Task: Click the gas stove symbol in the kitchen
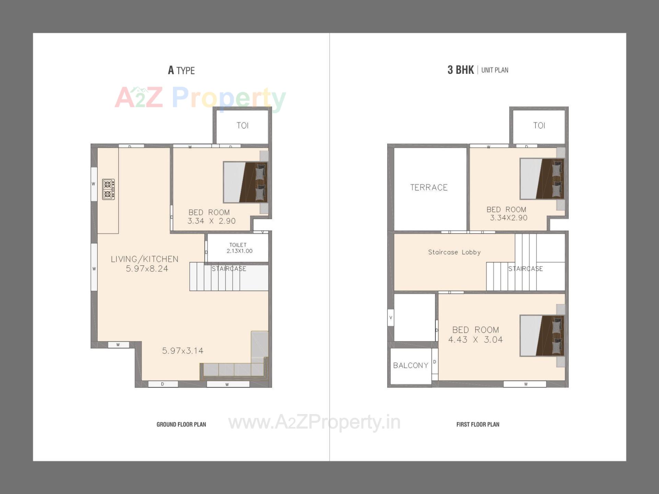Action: (108, 189)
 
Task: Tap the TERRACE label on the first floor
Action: (429, 187)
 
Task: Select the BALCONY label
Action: (411, 365)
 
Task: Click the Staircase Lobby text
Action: (454, 252)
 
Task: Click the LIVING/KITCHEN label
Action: (144, 259)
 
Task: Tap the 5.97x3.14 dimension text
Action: (183, 351)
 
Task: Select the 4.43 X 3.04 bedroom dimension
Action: (475, 340)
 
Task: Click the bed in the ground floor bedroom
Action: (245, 182)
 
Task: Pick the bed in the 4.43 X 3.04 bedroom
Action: (542, 336)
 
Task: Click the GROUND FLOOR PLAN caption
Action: (181, 424)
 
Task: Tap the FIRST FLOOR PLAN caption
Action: (477, 424)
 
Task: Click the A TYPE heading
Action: (181, 70)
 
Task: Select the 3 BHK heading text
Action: (460, 70)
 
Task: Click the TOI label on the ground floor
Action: (242, 126)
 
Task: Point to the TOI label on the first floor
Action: (539, 126)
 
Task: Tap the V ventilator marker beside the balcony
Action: (391, 318)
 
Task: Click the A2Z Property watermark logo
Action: (200, 98)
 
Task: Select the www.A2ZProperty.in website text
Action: (314, 422)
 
